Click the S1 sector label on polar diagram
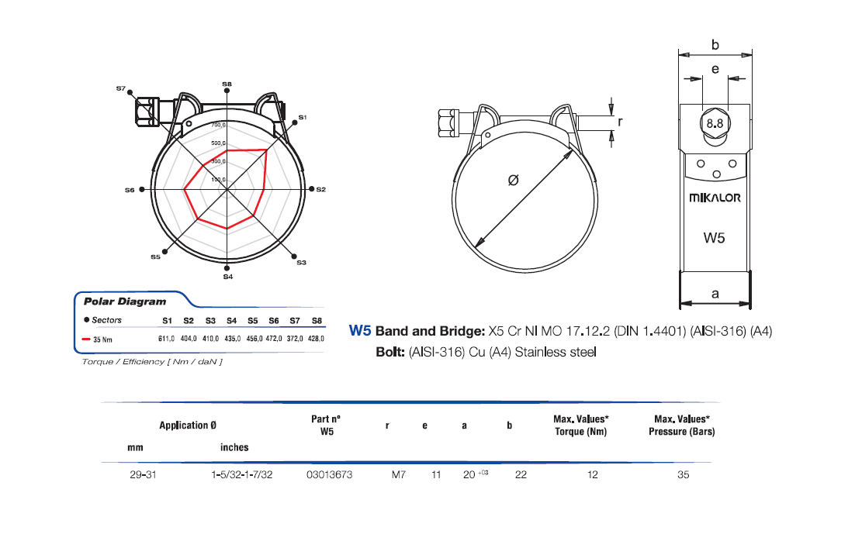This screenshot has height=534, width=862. (x=303, y=117)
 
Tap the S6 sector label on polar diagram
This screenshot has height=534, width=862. (x=130, y=189)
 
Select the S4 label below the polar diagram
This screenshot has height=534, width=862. (x=227, y=277)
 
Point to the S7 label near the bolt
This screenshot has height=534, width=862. (x=121, y=89)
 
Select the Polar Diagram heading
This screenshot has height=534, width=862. (x=125, y=301)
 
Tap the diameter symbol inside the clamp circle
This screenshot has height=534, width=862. (x=513, y=180)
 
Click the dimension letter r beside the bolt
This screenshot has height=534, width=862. (x=620, y=122)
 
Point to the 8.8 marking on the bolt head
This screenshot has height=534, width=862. (x=715, y=123)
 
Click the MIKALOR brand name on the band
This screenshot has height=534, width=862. (x=715, y=198)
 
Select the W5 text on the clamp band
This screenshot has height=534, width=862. (x=714, y=238)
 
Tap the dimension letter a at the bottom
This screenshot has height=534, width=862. (x=715, y=294)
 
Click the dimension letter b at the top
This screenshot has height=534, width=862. (x=715, y=46)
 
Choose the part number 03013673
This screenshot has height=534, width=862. (x=330, y=474)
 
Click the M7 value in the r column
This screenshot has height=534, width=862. (x=398, y=474)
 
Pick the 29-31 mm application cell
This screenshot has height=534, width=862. (x=144, y=474)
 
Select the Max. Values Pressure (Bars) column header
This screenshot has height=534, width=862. (x=681, y=425)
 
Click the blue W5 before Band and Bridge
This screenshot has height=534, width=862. (x=360, y=331)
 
